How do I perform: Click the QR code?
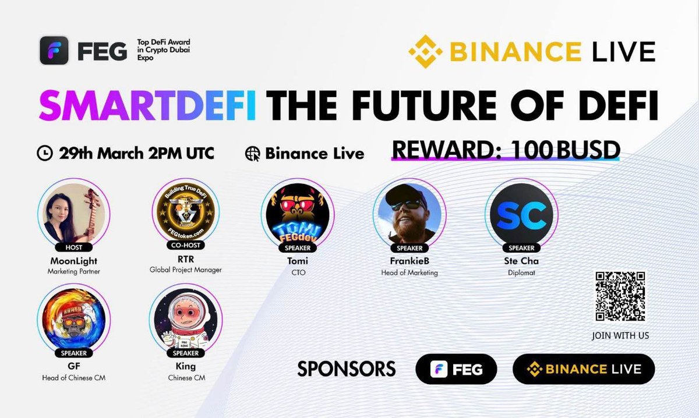click(x=620, y=296)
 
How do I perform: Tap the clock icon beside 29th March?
click(x=44, y=154)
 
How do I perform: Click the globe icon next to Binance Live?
click(x=253, y=154)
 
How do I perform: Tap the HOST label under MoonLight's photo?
click(x=74, y=247)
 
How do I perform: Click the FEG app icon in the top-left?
click(x=54, y=51)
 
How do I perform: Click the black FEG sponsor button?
click(x=456, y=369)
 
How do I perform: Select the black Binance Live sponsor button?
click(x=583, y=369)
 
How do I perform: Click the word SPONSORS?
click(x=347, y=369)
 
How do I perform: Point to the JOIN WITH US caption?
click(x=620, y=336)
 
